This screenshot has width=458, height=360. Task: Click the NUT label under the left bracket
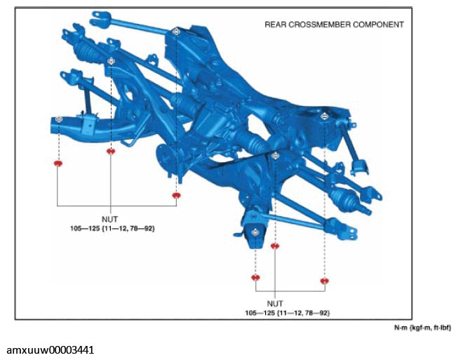tap(110, 219)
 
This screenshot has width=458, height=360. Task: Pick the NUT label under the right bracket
tap(275, 304)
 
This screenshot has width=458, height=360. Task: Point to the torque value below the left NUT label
tap(112, 228)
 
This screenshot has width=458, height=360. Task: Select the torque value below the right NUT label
tap(288, 313)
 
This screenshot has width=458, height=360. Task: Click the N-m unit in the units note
tap(400, 328)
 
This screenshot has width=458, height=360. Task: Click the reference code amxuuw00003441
tap(50, 349)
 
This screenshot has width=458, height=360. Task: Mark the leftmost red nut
tap(58, 164)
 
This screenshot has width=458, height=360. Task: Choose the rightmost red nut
tap(325, 281)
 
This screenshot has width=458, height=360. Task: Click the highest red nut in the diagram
tap(110, 151)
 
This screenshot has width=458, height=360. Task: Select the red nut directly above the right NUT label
tap(275, 246)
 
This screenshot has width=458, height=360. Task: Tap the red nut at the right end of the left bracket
tap(177, 195)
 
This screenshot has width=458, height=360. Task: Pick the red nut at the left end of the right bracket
tap(255, 277)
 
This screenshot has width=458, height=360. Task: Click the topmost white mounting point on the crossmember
tap(176, 32)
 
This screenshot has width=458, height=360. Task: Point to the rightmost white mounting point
tap(324, 116)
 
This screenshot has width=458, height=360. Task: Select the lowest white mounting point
tap(255, 232)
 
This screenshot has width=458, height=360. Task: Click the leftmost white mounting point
tap(59, 119)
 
